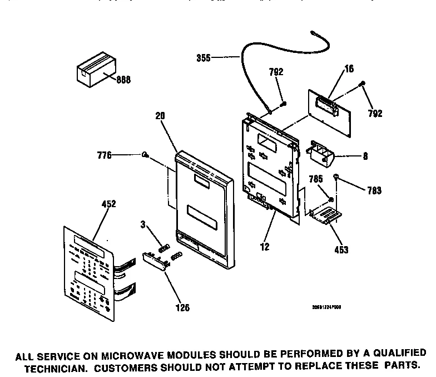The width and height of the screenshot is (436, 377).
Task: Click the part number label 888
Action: tap(123, 80)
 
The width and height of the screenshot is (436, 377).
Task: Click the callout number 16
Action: tap(349, 69)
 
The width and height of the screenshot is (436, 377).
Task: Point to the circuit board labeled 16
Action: tap(332, 108)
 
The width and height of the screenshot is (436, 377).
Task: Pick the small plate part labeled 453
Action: tap(325, 216)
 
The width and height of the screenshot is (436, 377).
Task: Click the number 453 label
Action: tap(341, 250)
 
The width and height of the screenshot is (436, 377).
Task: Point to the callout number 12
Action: tap(265, 247)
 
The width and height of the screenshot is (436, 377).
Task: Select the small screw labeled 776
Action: tap(145, 155)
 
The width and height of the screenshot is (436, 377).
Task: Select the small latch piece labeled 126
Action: tap(155, 260)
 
